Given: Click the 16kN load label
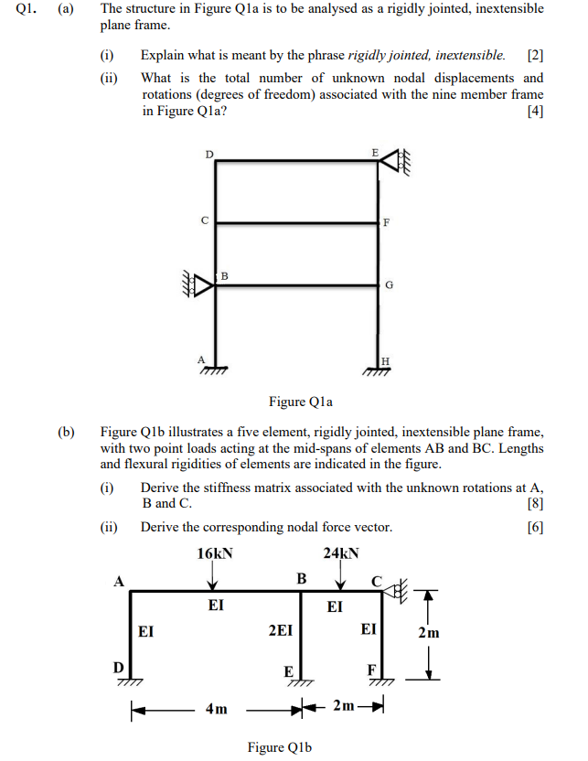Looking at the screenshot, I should point(216,553).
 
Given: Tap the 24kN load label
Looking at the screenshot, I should point(341,553).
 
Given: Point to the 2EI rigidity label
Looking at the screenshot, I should point(281,630).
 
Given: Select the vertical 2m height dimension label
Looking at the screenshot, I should point(428,632).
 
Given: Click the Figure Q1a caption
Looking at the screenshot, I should point(301,401).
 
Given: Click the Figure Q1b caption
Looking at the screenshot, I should point(280,747).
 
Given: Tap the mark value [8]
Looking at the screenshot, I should point(535,503).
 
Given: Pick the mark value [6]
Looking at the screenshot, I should point(535,527).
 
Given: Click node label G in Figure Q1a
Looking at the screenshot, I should point(390,285).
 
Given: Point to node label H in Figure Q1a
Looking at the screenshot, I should point(384,360).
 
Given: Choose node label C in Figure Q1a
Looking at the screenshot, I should point(205,220).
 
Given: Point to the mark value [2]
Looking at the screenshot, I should point(536,56).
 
